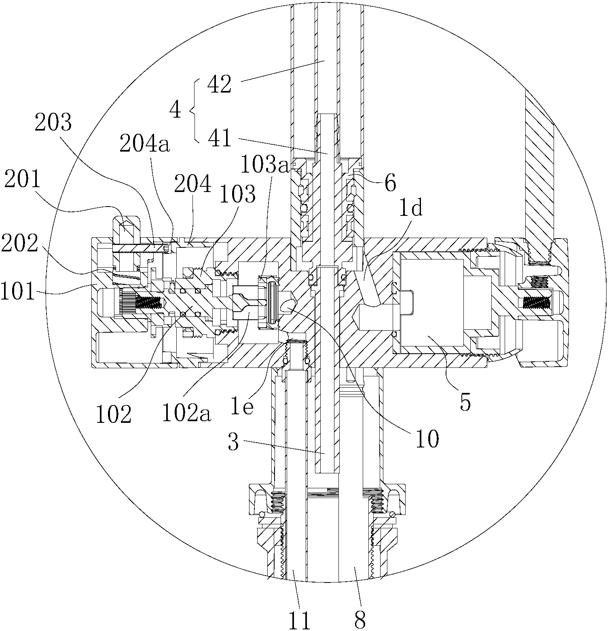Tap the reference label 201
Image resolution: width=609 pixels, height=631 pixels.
[23, 180]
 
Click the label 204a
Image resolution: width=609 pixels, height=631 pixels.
[144, 144]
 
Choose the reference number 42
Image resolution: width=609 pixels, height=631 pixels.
[219, 84]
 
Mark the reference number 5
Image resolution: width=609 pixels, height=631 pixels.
[465, 403]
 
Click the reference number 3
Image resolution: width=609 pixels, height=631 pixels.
[233, 442]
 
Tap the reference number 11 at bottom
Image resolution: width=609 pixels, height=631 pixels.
[299, 619]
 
